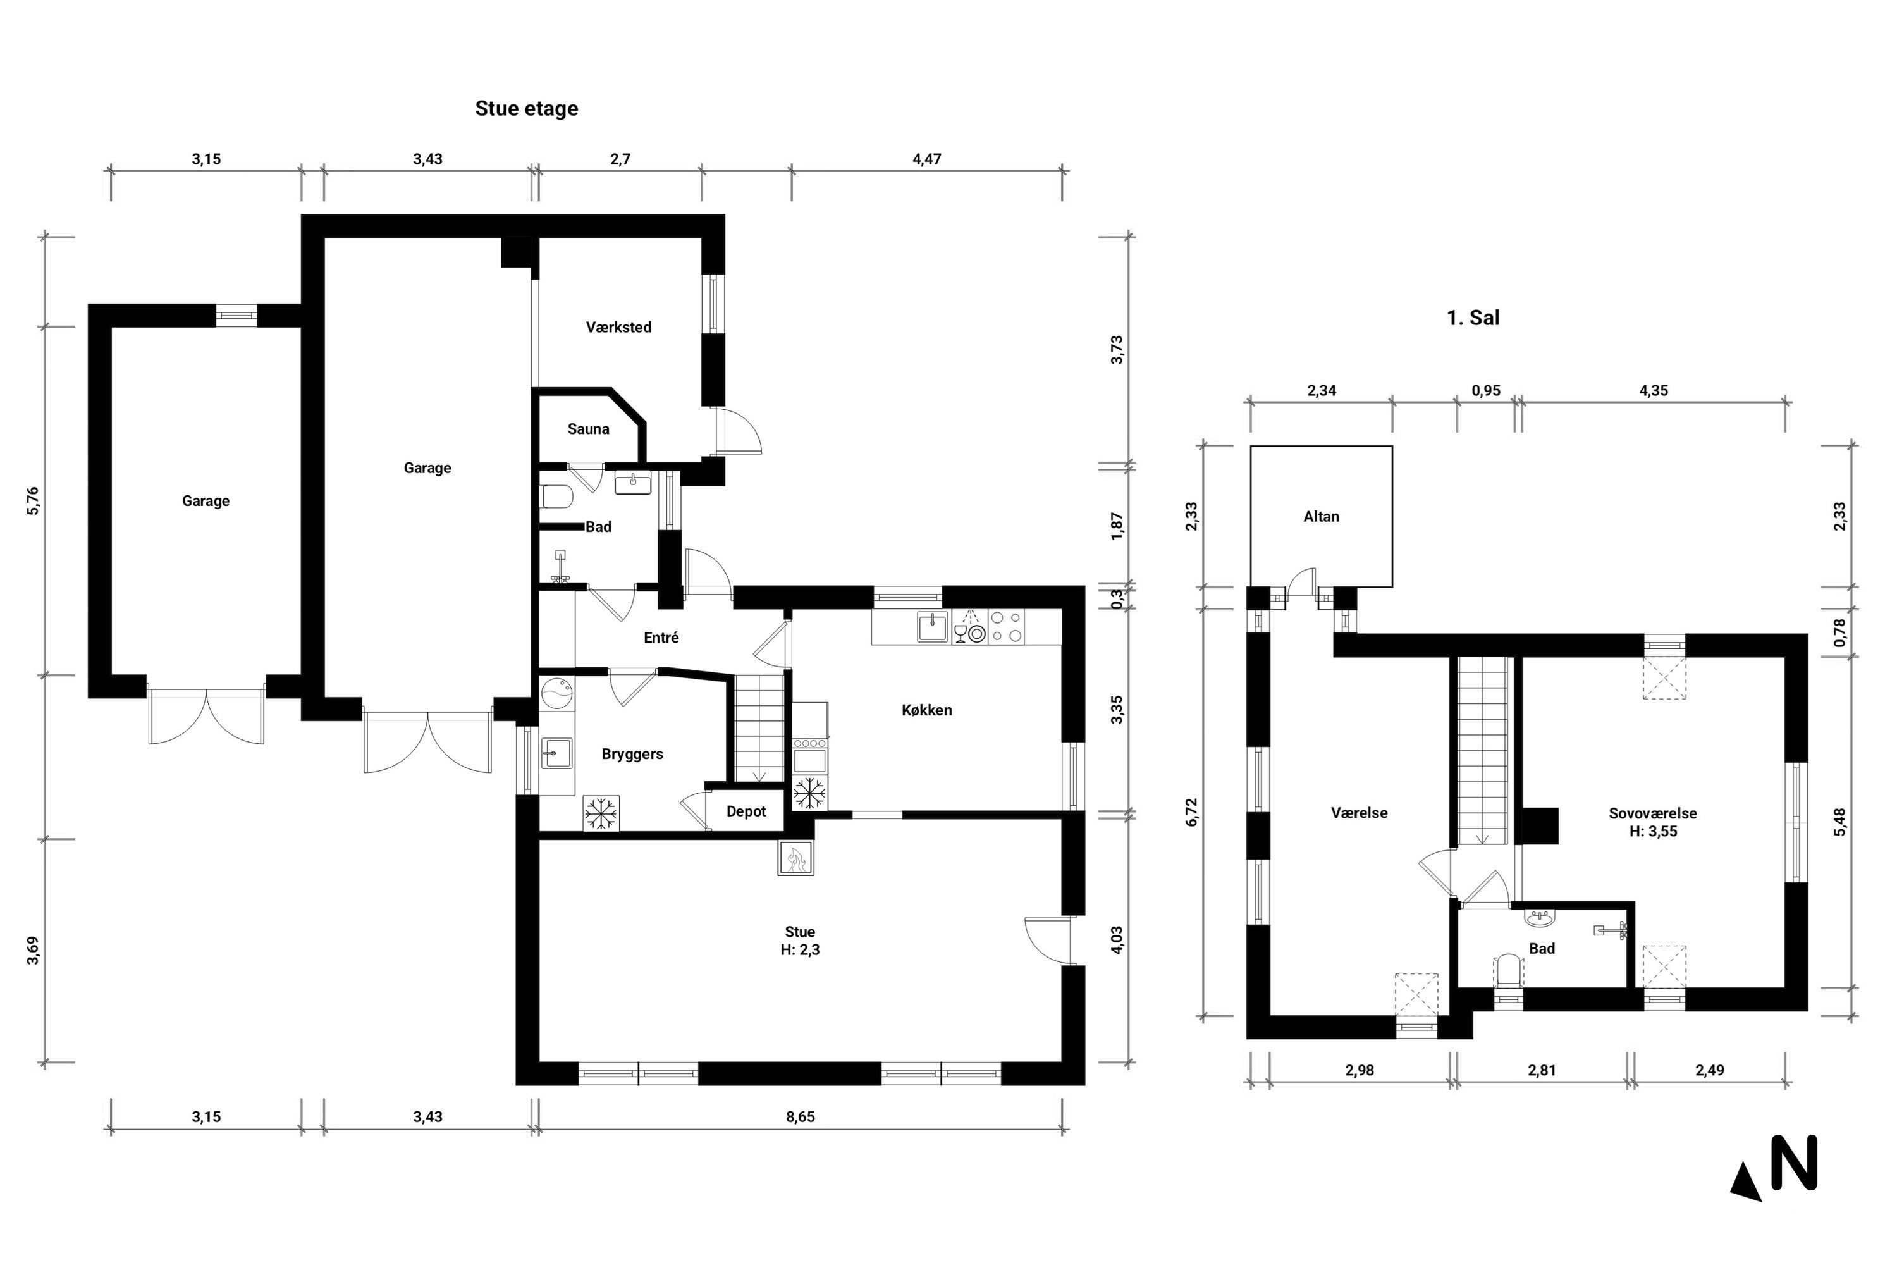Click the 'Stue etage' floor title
pos(526,109)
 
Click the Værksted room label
pos(618,328)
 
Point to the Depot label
pos(746,811)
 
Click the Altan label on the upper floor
pos(1321,516)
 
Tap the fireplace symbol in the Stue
pos(796,858)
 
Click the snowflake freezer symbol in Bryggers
pos(601,813)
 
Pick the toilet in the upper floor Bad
pos(1507,972)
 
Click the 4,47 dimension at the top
pos(927,159)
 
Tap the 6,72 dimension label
pos(1192,811)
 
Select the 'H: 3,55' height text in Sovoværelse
pos(1653,832)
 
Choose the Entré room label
pos(661,638)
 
